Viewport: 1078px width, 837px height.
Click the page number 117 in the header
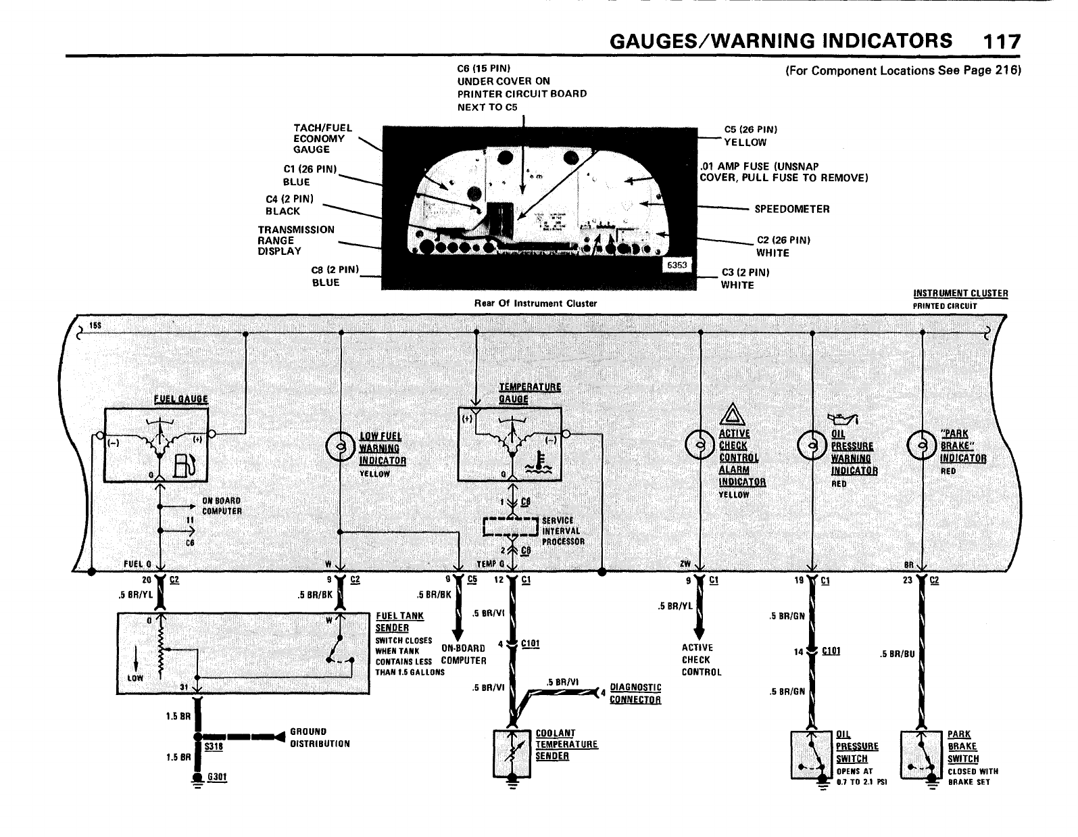(x=1002, y=42)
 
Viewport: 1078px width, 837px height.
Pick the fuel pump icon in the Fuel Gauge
(x=185, y=465)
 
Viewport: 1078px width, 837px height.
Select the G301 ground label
(x=217, y=778)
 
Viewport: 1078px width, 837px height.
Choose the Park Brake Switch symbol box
(x=921, y=755)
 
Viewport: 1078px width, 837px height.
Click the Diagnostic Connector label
(x=635, y=693)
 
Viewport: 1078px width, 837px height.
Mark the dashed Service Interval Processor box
(x=512, y=527)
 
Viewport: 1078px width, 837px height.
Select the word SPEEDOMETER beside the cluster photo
(x=791, y=209)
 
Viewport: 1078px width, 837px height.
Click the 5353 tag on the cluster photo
(x=676, y=265)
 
